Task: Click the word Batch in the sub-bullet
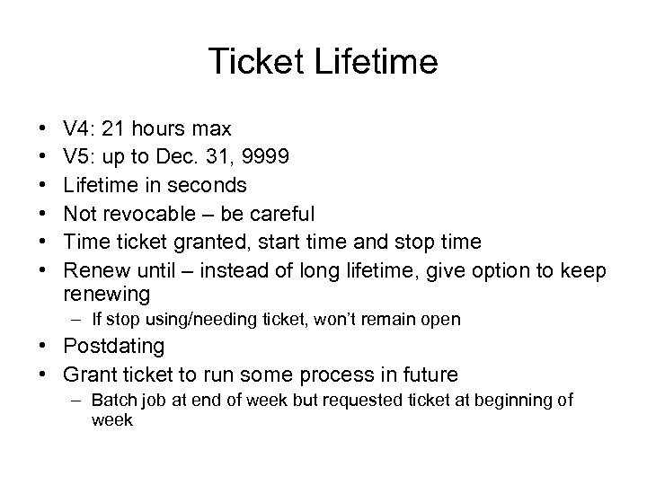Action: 115,401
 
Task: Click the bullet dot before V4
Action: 45,129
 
